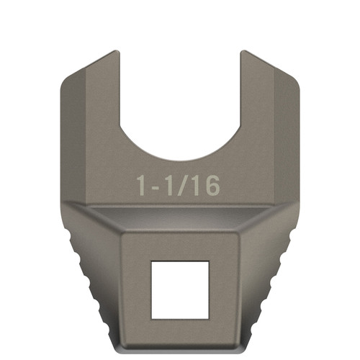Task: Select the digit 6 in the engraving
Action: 210,185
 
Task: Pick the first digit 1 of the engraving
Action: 143,185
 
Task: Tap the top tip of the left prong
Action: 115,53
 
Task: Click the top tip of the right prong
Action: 244,53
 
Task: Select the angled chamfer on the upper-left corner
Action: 79,76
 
